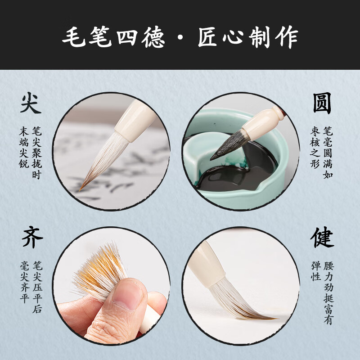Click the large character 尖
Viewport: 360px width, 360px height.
click(31, 103)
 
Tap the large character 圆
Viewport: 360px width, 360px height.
click(322, 103)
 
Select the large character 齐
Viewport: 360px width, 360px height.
click(32, 237)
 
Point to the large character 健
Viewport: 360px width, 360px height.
click(322, 237)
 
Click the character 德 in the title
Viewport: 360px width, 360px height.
click(153, 37)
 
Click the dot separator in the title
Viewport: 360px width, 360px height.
click(181, 37)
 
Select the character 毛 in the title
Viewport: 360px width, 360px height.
click(73, 37)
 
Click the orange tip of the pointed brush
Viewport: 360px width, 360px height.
click(81, 189)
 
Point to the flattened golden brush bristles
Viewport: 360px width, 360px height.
click(100, 269)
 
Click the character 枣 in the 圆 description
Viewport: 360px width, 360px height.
click(315, 131)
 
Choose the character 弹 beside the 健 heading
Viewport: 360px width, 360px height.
click(316, 266)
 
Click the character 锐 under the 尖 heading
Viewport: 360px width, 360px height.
click(24, 163)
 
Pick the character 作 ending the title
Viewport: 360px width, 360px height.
click(287, 37)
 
